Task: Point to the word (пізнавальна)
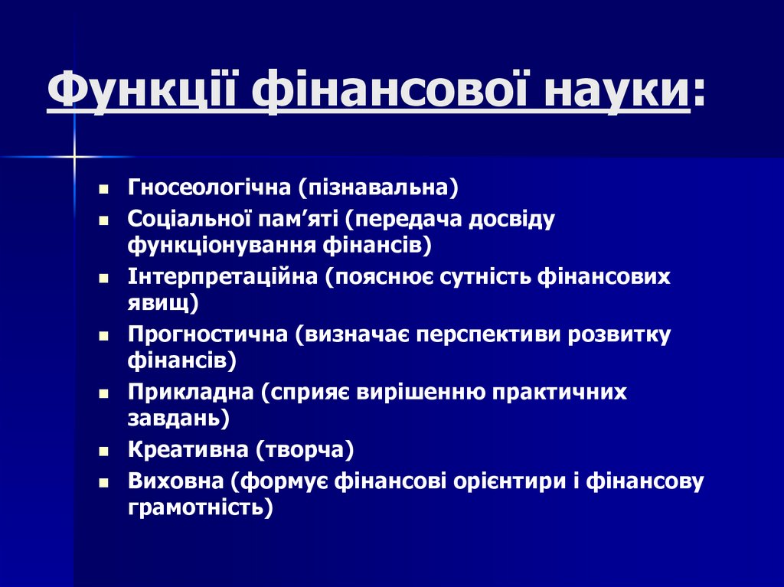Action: pyautogui.click(x=378, y=187)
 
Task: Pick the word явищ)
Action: pyautogui.click(x=163, y=302)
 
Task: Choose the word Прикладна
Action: pyautogui.click(x=191, y=393)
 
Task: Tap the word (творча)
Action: pyautogui.click(x=305, y=450)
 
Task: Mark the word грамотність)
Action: pyautogui.click(x=201, y=507)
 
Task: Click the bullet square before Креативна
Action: pyautogui.click(x=103, y=452)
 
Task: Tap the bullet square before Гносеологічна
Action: pyautogui.click(x=103, y=188)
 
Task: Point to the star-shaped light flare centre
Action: pyautogui.click(x=75, y=157)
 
